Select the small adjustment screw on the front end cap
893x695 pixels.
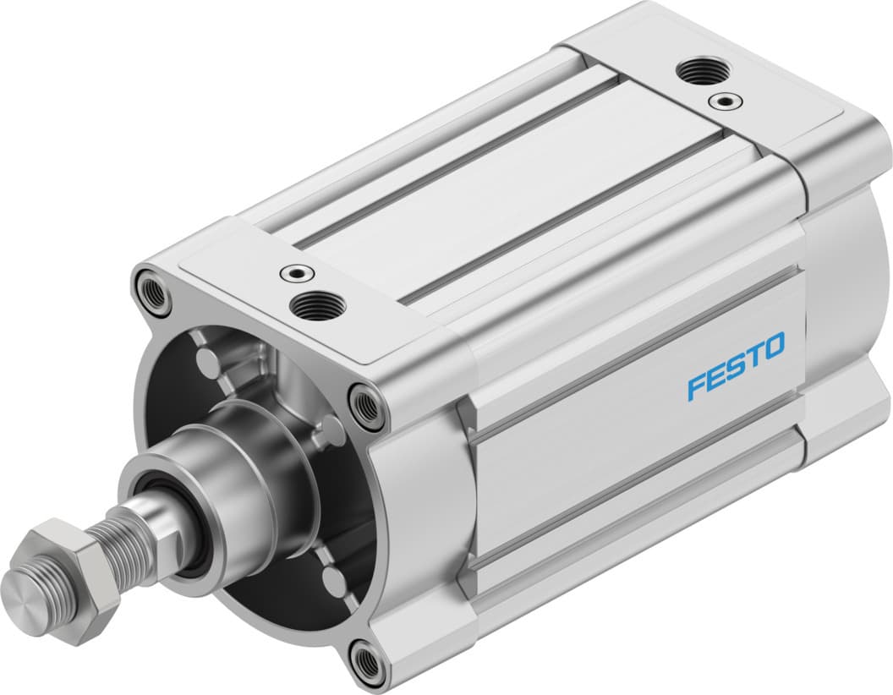coord(296,272)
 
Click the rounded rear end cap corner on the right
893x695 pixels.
coord(846,279)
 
